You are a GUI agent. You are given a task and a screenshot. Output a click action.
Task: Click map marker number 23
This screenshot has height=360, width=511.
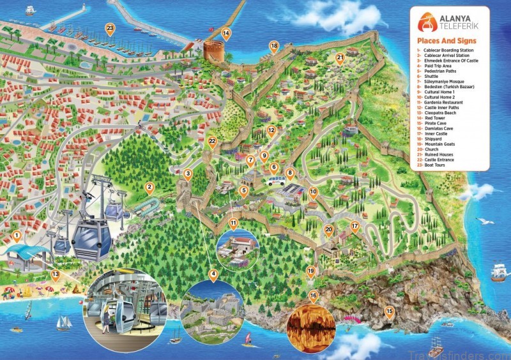(111, 29)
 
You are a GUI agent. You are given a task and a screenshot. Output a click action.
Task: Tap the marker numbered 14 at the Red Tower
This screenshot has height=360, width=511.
(225, 33)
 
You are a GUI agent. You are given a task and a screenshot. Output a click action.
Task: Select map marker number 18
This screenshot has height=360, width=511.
(274, 46)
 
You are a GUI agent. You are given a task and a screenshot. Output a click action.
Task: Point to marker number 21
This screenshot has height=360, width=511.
(340, 58)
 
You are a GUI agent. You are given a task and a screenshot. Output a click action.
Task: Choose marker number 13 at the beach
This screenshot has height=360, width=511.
(56, 276)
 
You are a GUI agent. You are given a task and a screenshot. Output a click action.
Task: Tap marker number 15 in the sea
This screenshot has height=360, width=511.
(390, 313)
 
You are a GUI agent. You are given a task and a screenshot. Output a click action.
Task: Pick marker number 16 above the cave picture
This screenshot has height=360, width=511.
(313, 297)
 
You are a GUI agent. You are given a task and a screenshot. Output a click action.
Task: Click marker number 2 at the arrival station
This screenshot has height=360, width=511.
(149, 188)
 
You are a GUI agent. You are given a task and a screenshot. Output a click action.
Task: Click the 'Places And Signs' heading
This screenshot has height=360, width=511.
(442, 41)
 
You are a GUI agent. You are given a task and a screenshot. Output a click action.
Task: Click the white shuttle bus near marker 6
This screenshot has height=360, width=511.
(276, 181)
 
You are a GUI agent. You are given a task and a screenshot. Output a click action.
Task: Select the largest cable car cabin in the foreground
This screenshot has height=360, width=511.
(91, 238)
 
